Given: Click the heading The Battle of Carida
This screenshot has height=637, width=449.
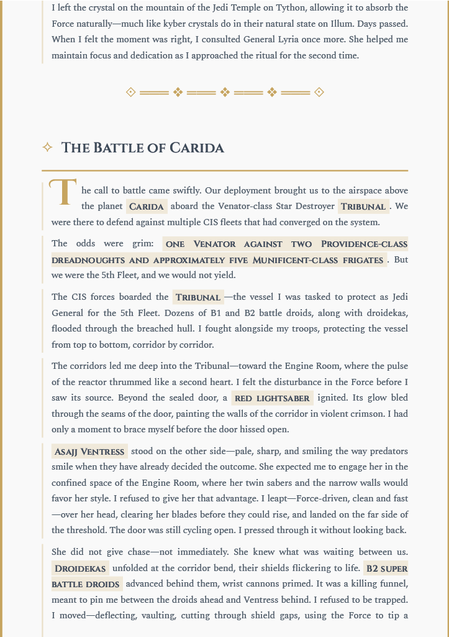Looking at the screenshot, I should (x=142, y=148).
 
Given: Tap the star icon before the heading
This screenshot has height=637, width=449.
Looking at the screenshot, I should (x=47, y=147).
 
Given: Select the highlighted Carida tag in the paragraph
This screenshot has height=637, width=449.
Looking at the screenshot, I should (x=147, y=207).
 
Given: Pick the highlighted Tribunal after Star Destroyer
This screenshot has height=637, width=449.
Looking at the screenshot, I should (x=363, y=207).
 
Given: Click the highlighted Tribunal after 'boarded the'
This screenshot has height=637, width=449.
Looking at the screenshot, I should (x=198, y=297).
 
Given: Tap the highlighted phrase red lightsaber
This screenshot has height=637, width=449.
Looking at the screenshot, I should (x=272, y=398).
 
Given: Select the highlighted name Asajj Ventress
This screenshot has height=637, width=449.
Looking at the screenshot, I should (x=90, y=452).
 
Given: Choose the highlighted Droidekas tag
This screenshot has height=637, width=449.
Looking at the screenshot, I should (x=80, y=569).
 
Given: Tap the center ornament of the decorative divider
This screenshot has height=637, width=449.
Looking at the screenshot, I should (x=225, y=92).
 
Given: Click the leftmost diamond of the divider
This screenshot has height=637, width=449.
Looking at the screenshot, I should (x=130, y=92).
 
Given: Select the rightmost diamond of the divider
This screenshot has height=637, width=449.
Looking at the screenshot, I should (x=319, y=92).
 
